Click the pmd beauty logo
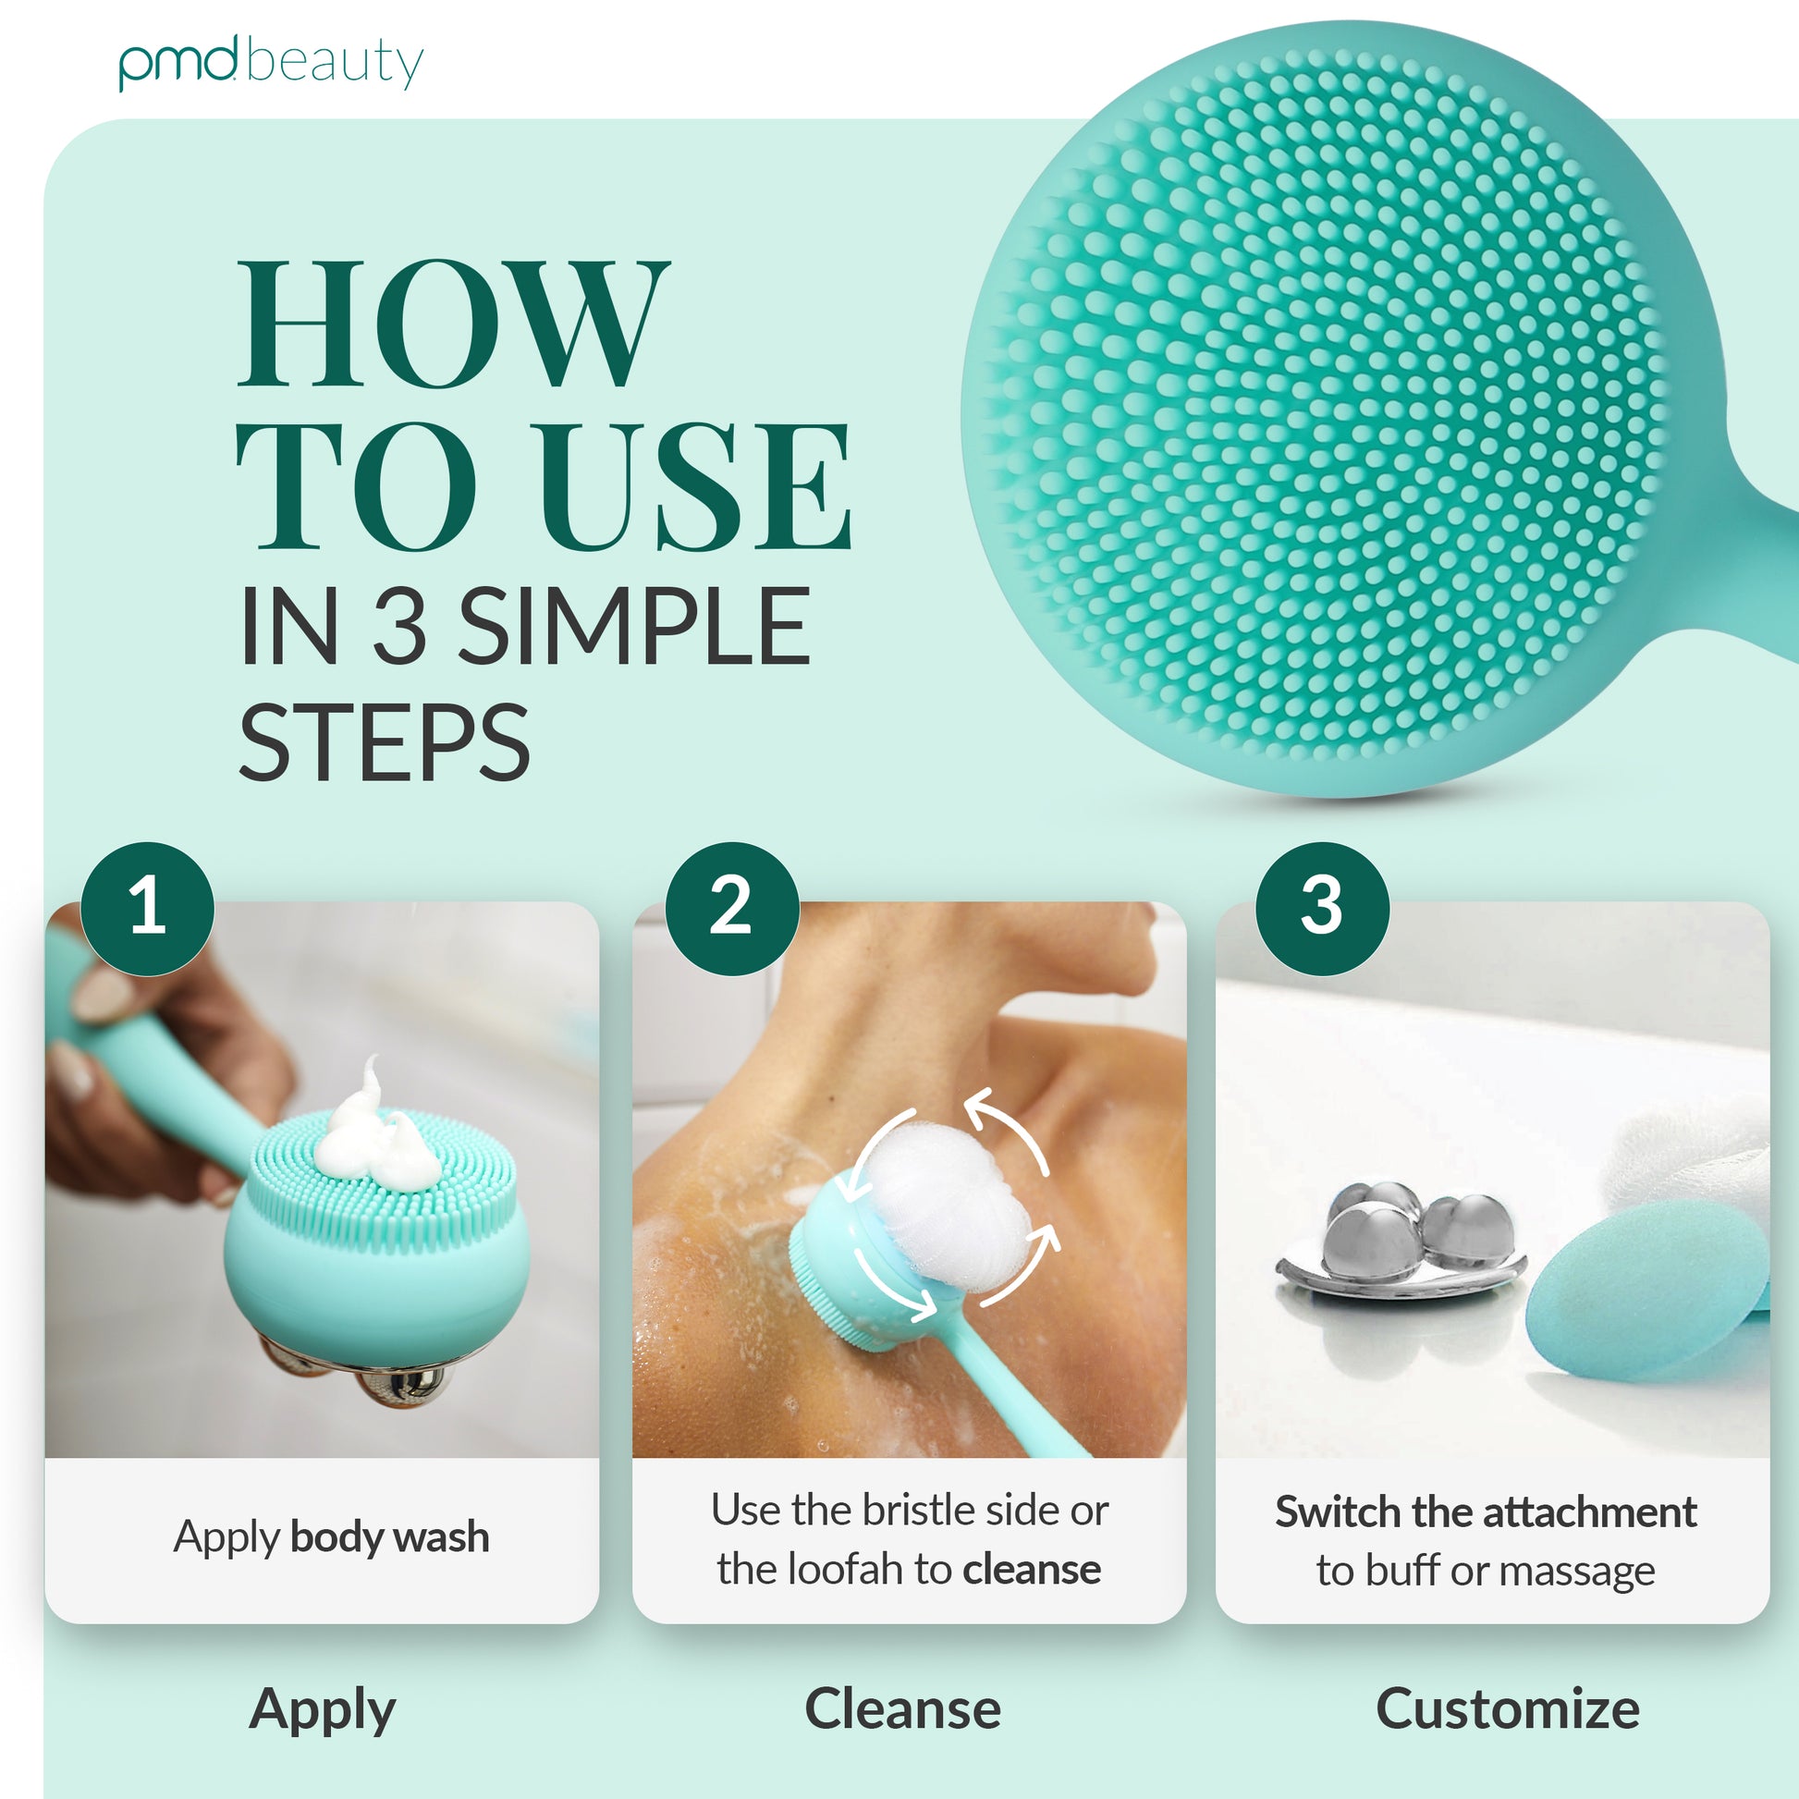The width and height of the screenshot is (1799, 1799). tap(271, 62)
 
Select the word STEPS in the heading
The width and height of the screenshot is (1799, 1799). tap(385, 742)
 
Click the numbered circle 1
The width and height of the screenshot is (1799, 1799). tap(147, 909)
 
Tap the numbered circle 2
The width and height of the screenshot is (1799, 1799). tap(732, 909)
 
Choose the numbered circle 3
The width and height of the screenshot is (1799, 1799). tap(1322, 909)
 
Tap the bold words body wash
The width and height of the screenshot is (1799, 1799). tap(389, 1536)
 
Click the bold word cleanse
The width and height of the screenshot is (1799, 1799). tap(1032, 1569)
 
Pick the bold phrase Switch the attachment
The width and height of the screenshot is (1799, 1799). tap(1487, 1511)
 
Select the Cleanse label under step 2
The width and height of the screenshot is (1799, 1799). tap(903, 1708)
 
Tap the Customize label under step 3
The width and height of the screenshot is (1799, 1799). tap(1509, 1708)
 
